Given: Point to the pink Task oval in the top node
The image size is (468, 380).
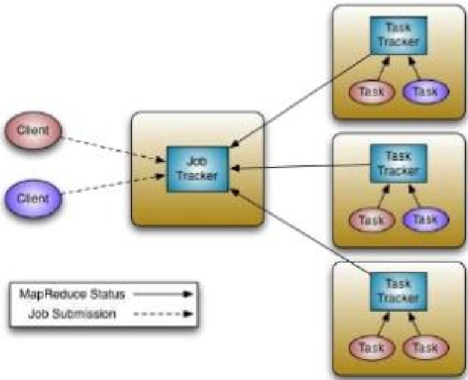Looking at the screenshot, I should point(371,91).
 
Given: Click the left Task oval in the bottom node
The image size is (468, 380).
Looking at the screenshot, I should point(371,347).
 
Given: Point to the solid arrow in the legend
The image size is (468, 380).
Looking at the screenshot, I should point(163,294).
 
